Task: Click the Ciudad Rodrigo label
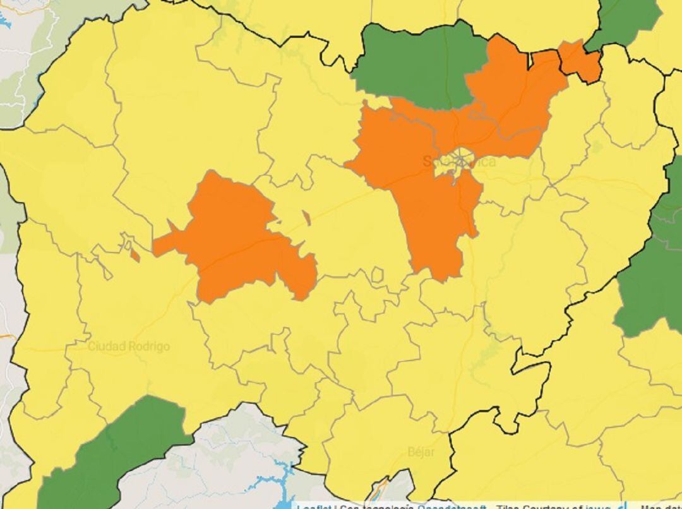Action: point(128,347)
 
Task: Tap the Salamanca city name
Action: point(459,162)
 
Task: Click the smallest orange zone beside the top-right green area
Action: point(580,60)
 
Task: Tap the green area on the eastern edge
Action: point(654,272)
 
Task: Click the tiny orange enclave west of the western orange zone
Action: point(135,256)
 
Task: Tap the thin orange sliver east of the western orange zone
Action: point(306,218)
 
